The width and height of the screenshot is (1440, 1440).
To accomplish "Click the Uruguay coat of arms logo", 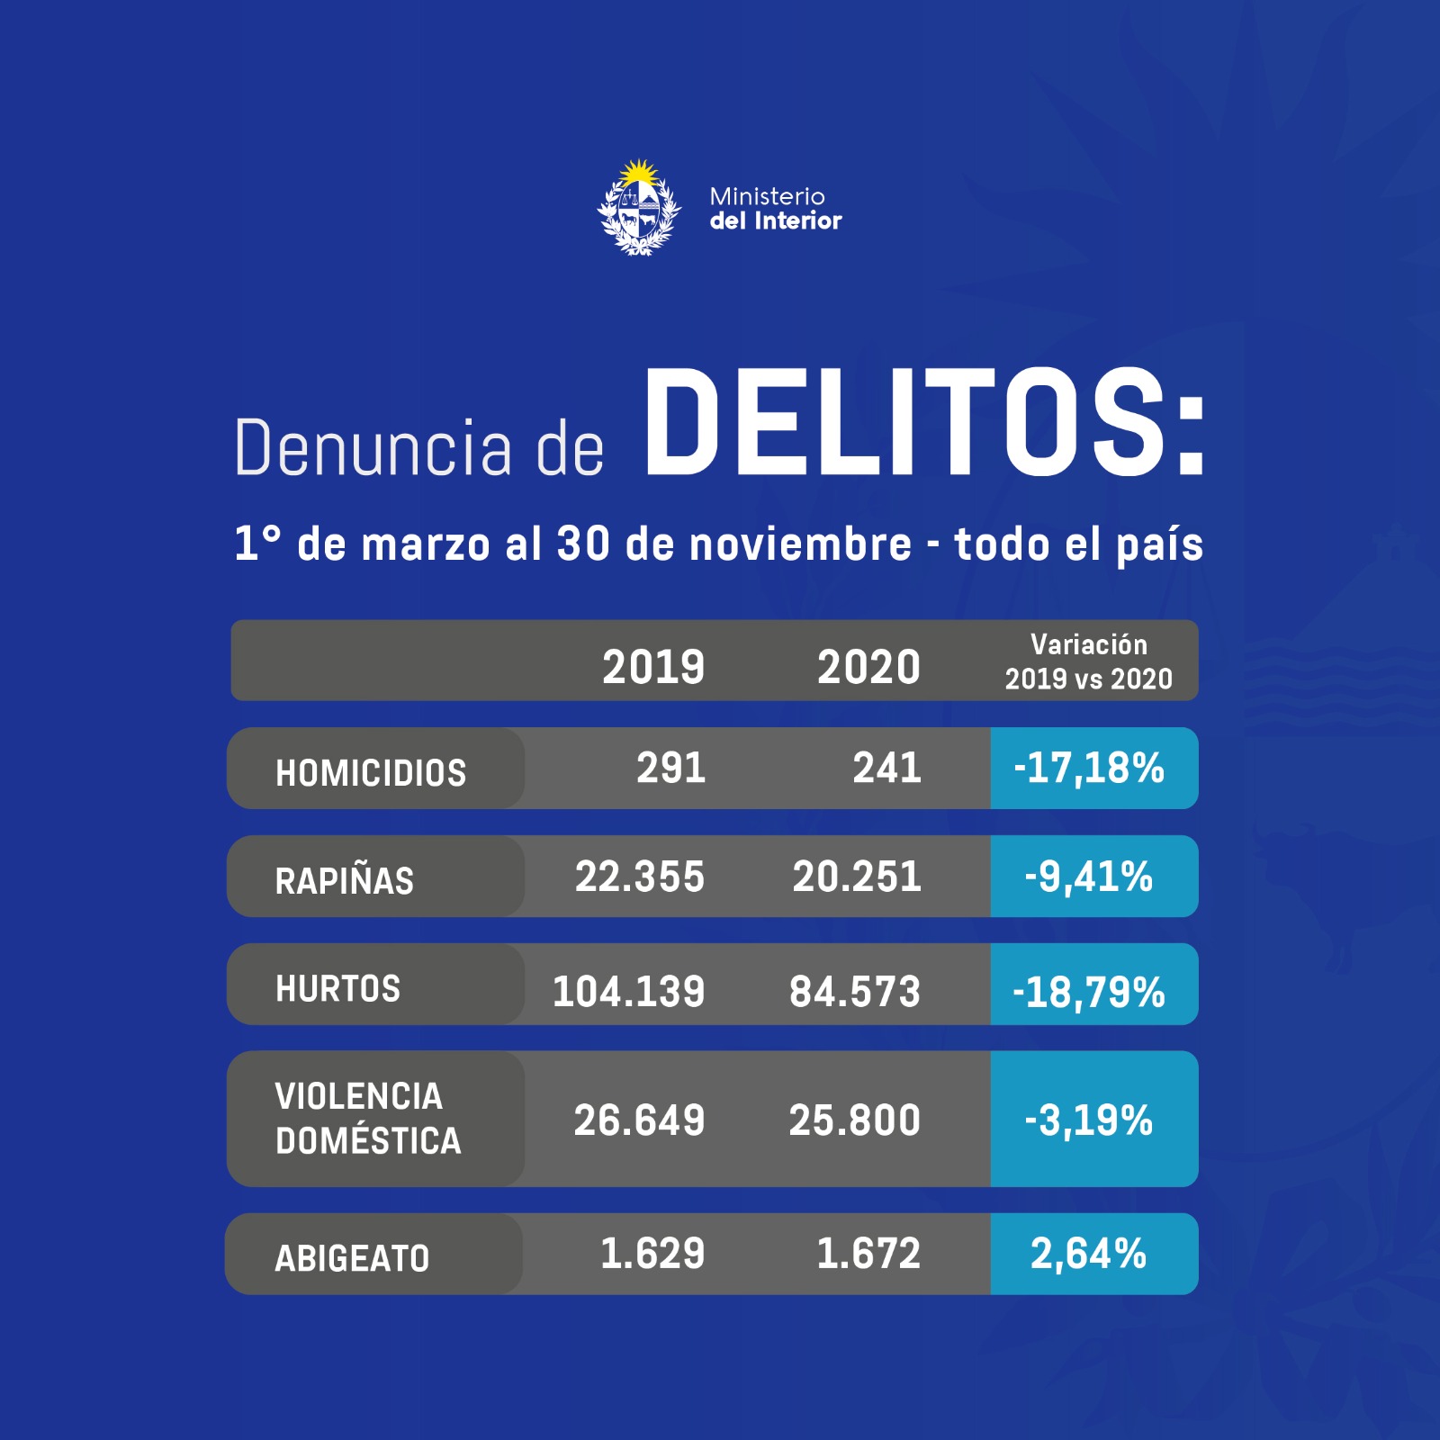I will (639, 209).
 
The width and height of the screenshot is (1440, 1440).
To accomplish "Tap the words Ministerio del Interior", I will (775, 209).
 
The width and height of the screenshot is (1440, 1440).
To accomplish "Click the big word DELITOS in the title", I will (923, 423).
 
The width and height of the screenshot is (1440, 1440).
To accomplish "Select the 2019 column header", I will (653, 667).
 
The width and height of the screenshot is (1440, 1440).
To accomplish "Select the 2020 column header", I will (868, 667).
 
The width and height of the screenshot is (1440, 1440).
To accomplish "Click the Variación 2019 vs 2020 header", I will (1089, 661).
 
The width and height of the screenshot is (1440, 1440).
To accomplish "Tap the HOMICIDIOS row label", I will (371, 772).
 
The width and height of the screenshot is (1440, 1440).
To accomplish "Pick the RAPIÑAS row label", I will (345, 880).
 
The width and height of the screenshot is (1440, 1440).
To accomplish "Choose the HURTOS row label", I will (338, 988).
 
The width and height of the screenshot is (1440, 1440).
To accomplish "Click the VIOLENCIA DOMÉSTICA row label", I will (368, 1119).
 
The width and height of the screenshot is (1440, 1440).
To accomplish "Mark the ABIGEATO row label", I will (352, 1257).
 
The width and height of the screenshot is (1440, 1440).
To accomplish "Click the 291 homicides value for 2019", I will (671, 768).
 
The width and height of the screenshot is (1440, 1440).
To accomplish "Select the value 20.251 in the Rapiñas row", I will (857, 877).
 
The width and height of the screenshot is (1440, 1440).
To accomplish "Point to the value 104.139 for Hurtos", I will (628, 991).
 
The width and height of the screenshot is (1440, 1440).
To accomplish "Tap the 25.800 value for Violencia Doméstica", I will (855, 1120).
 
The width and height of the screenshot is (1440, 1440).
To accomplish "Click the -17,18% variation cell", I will (1089, 769).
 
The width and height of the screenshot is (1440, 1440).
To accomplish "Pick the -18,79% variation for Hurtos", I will (1089, 992).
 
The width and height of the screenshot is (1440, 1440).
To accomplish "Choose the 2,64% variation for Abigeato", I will (1089, 1254).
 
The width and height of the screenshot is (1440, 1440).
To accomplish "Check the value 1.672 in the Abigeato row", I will (868, 1254).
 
